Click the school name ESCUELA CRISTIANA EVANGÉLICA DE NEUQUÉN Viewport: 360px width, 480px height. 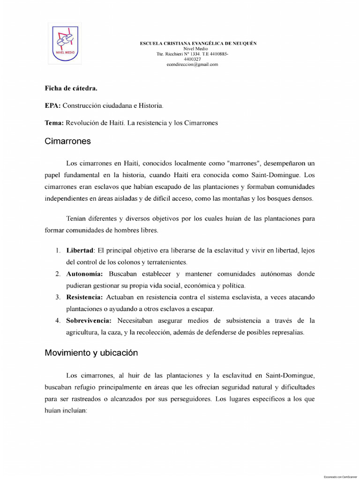point(198,43)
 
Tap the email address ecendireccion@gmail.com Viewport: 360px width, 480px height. point(192,65)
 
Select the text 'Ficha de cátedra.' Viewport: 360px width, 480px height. point(71,88)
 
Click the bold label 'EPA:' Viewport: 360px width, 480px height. point(53,105)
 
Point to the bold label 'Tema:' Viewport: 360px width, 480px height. point(54,123)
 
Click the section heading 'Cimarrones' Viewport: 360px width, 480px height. point(67,141)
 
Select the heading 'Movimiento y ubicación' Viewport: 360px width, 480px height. point(91,352)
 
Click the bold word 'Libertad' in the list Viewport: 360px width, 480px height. point(80,251)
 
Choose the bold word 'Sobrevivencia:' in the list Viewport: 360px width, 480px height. point(89,321)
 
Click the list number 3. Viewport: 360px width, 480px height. point(58,297)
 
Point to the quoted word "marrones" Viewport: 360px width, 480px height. point(243,164)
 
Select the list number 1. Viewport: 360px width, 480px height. point(58,251)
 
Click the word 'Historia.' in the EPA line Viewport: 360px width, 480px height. point(150,105)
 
